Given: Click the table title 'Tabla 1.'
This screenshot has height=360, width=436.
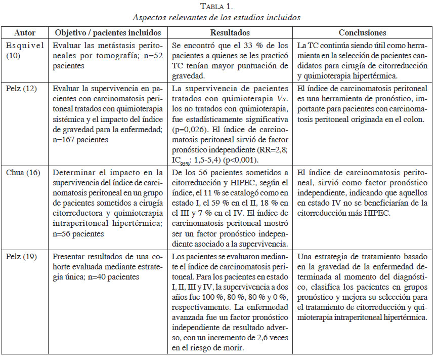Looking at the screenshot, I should [216, 6].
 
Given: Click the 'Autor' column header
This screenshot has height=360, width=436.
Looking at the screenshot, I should [25, 32].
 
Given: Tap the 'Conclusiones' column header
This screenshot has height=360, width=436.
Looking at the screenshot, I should [362, 32].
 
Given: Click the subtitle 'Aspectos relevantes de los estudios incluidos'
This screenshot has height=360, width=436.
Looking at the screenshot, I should [216, 17].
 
